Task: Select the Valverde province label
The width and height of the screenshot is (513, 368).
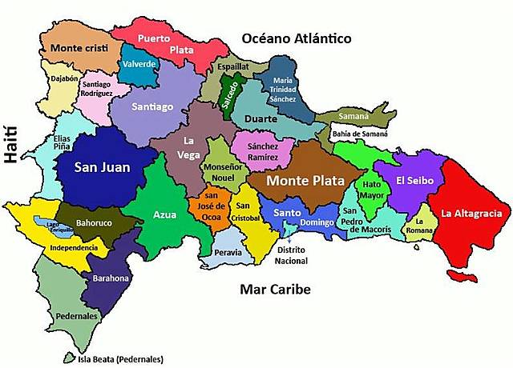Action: pyautogui.click(x=139, y=65)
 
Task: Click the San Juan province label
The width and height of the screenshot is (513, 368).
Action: pyautogui.click(x=102, y=168)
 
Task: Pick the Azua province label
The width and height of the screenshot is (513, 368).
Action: pyautogui.click(x=166, y=215)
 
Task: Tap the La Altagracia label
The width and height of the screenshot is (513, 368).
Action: pyautogui.click(x=471, y=214)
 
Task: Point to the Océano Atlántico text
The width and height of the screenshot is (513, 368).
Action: pyautogui.click(x=297, y=38)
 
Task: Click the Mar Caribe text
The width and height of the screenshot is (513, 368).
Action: pyautogui.click(x=275, y=290)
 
